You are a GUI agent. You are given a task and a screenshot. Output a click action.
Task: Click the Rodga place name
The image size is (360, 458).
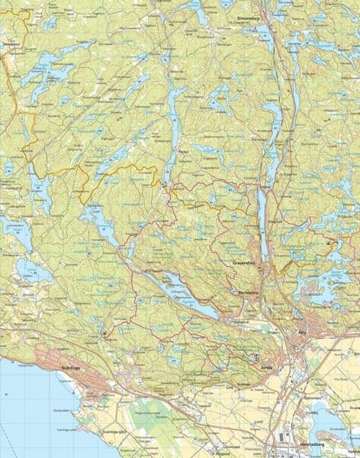[x=182, y=173]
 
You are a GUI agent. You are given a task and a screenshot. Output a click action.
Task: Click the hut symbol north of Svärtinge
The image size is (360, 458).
[x=104, y=334]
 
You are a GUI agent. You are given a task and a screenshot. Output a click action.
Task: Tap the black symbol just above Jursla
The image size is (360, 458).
[x=257, y=356]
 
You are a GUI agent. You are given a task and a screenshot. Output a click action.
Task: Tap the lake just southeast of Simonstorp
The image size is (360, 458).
[x=264, y=34]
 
